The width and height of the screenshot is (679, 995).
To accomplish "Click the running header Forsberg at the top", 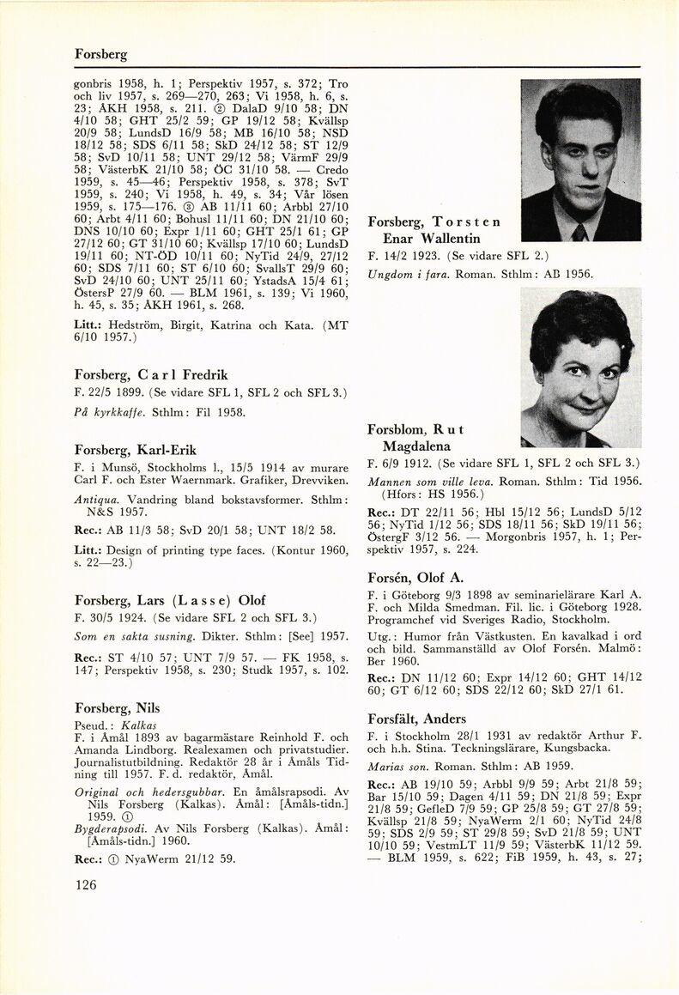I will tap(100, 54).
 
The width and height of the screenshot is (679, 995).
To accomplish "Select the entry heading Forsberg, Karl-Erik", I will tap(136, 450).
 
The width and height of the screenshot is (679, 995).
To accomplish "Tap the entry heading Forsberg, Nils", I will tap(117, 708).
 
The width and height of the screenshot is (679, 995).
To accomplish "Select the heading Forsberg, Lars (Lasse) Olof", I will tap(170, 600).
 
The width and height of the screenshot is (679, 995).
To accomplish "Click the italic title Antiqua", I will tap(96, 499).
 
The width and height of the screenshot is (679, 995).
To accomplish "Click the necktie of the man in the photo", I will tap(580, 231).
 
